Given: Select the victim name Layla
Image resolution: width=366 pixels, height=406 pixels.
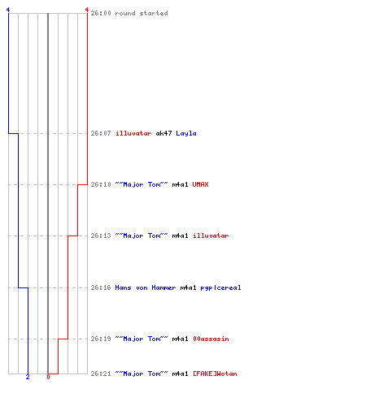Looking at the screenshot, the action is [x=186, y=133].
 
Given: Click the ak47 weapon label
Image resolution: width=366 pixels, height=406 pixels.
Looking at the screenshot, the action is [x=163, y=133].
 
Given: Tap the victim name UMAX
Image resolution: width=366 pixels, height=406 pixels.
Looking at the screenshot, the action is [x=201, y=184].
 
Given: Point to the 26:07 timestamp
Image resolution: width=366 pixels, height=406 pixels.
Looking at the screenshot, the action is [x=101, y=133].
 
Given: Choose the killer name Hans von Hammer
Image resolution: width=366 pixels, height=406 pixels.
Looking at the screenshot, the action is [x=146, y=287].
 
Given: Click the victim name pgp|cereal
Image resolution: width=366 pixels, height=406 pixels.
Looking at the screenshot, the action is [x=220, y=287].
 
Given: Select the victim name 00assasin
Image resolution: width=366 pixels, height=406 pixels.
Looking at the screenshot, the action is [x=211, y=339].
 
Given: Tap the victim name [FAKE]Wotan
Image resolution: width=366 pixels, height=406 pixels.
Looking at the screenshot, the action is [x=215, y=374].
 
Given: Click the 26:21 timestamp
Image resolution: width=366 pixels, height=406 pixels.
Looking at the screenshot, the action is [x=101, y=374].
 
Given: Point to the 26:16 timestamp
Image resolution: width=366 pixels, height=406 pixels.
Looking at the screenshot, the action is [x=101, y=287].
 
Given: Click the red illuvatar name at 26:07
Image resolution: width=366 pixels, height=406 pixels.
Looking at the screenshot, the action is [x=133, y=133].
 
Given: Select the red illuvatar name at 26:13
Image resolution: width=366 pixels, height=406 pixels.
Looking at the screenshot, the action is [x=211, y=235].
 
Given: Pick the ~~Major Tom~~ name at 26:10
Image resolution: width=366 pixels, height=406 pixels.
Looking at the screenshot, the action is [x=142, y=184].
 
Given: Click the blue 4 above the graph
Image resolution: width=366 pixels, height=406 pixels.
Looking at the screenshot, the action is [x=8, y=10].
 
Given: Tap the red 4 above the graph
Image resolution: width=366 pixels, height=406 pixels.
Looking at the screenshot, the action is [x=87, y=10].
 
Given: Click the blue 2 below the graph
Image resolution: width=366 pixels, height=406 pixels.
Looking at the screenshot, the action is [x=28, y=377].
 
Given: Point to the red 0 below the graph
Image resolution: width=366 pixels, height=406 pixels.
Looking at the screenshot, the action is [x=48, y=377].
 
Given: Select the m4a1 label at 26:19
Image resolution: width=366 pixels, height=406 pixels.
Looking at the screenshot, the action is [x=180, y=339].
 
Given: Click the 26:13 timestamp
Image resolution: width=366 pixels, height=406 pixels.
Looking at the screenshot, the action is [x=101, y=235].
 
